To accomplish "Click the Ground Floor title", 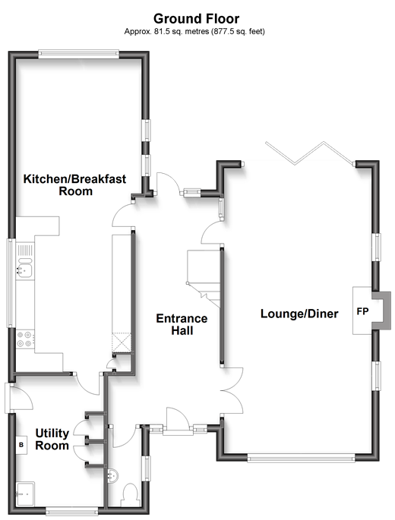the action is (196, 19).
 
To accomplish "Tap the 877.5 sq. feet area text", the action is (238, 32).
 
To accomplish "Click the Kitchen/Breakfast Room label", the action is (75, 184).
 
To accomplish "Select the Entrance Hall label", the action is (182, 324).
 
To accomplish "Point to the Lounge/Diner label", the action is (299, 314).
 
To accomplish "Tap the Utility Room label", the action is (52, 439).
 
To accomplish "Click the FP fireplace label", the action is (362, 311).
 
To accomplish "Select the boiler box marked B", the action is (21, 444).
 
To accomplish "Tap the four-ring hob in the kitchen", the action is (25, 339).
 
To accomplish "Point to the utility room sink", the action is (25, 493).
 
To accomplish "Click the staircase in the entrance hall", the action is (203, 279).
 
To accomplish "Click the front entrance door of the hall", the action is (178, 421).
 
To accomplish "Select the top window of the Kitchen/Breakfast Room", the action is (78, 54).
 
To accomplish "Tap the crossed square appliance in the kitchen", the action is (122, 342).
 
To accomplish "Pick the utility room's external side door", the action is (18, 398).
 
